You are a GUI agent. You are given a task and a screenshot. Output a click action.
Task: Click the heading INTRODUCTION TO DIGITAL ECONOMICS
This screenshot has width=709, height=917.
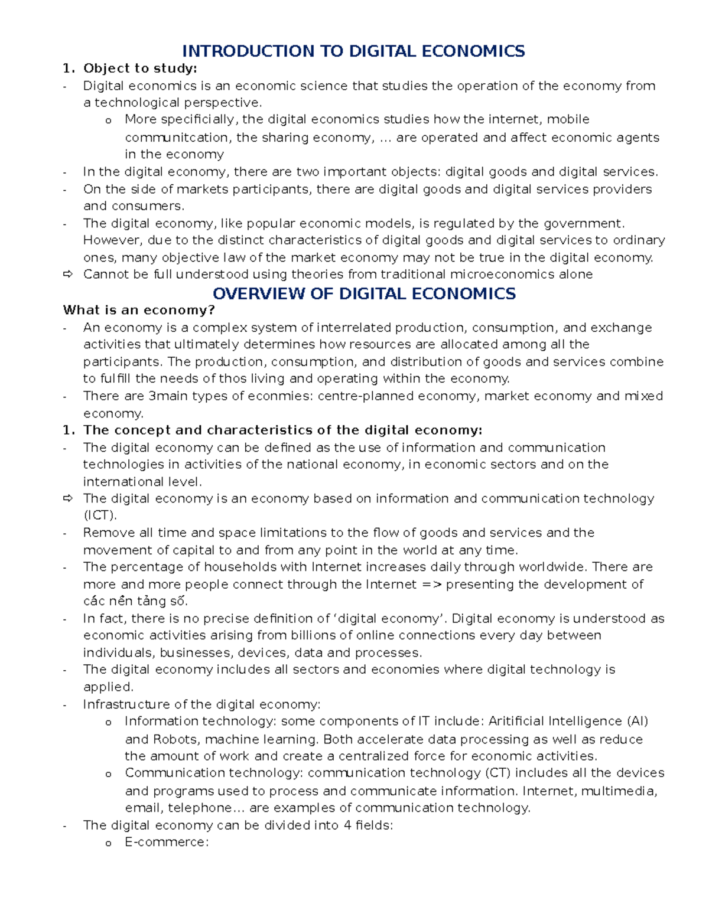tap(353, 51)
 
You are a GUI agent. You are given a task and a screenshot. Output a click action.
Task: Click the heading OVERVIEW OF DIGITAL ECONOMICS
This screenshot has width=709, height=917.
tap(364, 293)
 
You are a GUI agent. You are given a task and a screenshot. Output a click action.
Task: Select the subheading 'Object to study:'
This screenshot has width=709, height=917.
tap(140, 68)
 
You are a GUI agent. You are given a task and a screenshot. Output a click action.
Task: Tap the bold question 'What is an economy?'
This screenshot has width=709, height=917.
tap(139, 311)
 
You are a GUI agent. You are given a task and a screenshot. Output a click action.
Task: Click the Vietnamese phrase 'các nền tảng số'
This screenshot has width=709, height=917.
tap(135, 602)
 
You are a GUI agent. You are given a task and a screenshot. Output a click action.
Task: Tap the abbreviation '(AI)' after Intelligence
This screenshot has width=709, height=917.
tap(638, 722)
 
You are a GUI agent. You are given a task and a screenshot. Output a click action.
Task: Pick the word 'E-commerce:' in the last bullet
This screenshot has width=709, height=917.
tap(167, 842)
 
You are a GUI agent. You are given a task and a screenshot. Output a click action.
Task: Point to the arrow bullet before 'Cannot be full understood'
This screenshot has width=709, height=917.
tap(67, 275)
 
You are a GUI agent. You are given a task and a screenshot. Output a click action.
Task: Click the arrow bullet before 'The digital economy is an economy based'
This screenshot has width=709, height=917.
tap(67, 499)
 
